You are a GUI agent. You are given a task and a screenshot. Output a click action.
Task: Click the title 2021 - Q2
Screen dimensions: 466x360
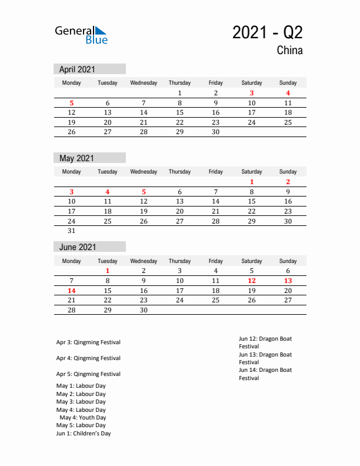[268, 32]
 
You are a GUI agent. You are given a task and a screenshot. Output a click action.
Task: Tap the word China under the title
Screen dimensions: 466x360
[289, 51]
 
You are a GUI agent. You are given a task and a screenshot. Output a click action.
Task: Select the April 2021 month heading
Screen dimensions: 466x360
[77, 69]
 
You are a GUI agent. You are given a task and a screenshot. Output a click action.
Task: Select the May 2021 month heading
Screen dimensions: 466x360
[76, 158]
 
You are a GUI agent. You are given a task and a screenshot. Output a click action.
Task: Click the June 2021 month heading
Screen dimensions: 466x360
[78, 247]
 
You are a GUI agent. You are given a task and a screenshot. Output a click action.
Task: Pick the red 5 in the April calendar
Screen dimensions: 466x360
[72, 103]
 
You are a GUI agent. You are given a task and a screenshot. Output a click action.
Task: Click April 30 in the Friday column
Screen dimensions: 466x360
[216, 132]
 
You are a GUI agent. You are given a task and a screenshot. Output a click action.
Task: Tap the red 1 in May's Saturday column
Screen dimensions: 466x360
[252, 182]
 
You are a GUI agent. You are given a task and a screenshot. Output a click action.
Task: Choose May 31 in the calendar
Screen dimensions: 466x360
[72, 231]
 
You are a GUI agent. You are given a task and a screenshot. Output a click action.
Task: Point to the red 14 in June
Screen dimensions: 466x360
[72, 291]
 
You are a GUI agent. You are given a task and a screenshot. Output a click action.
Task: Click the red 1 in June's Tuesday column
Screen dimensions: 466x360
[108, 271]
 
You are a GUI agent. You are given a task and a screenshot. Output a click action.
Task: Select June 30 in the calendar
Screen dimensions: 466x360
[144, 310]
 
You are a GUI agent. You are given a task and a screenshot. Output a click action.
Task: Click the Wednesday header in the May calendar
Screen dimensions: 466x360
[144, 172]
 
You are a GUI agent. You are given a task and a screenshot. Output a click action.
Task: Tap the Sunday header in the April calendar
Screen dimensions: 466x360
[288, 83]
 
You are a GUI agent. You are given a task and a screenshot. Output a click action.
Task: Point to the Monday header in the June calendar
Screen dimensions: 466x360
[72, 261]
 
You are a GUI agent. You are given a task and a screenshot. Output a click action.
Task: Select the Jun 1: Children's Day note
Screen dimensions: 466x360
[84, 434]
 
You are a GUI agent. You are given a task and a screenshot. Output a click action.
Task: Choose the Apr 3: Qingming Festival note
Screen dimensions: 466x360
[88, 342]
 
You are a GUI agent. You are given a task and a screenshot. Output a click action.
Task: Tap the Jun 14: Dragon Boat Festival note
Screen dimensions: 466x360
[265, 374]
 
